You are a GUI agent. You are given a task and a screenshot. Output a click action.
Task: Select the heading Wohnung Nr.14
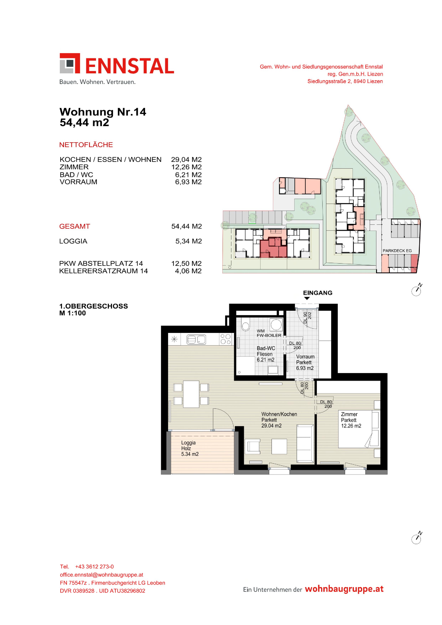(103, 112)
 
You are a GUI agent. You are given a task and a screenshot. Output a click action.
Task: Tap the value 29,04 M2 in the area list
(186, 160)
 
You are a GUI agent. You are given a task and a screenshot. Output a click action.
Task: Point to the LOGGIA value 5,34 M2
(188, 241)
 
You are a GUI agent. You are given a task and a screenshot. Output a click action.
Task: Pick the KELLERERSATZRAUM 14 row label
(104, 271)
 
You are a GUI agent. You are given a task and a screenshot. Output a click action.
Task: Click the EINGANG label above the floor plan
(317, 293)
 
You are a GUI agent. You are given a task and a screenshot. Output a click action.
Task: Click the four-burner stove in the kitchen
(226, 339)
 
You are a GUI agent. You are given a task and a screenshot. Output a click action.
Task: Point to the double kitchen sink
(196, 339)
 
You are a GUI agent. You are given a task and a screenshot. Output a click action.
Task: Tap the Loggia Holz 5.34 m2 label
(190, 448)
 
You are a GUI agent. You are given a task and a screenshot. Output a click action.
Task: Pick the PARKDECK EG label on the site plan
(397, 251)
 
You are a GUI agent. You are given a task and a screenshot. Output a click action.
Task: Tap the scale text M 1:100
(73, 313)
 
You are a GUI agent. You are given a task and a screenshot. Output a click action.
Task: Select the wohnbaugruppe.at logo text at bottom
(344, 589)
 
